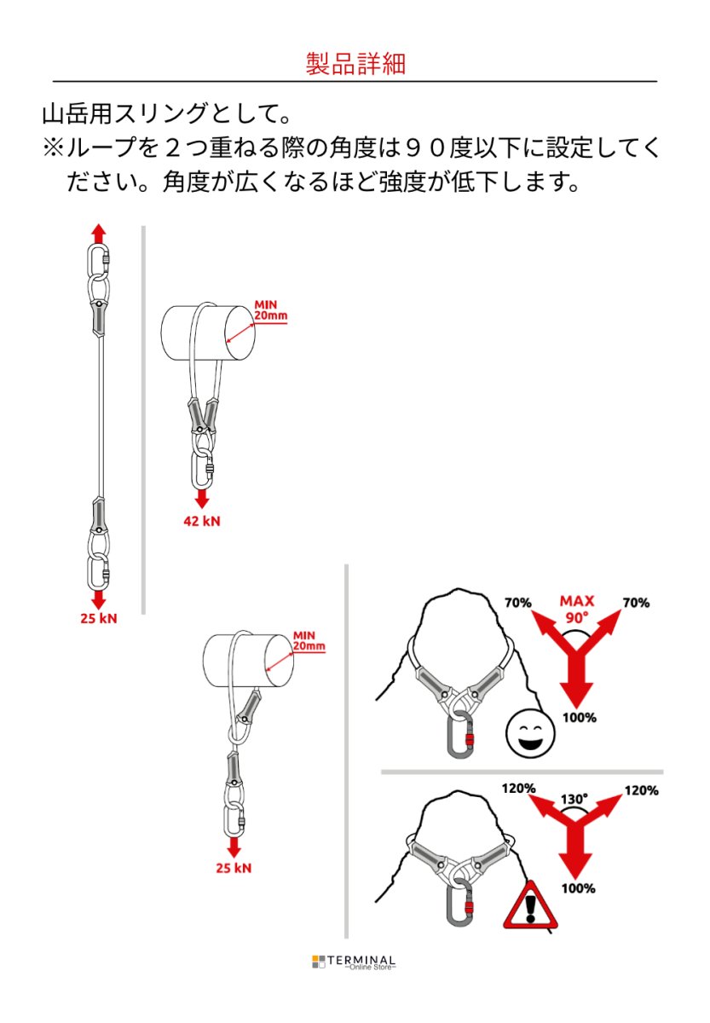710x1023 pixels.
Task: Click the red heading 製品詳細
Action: coord(355,65)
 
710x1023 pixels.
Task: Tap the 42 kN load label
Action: coord(202,521)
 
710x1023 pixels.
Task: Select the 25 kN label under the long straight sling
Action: coord(99,618)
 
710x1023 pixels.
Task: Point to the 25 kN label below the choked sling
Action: coord(234,869)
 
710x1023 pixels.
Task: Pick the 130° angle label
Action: coord(574,800)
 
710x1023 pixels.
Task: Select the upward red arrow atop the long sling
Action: coord(99,233)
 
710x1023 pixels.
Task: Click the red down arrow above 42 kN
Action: coord(202,498)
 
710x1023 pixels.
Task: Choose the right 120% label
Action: coord(641,790)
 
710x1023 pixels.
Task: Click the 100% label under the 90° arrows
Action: coord(579,718)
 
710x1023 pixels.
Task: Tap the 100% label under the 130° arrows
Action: coord(579,888)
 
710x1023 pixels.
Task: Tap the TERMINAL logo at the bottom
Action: coord(355,962)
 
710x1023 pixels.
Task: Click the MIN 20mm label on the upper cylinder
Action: coord(272,310)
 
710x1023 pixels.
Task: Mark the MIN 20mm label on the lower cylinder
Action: coord(309,640)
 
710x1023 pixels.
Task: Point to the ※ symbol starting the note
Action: coord(53,147)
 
